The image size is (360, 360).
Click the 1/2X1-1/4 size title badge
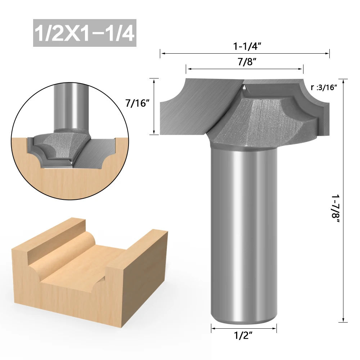pyautogui.click(x=85, y=33)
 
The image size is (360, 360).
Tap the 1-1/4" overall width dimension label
pyautogui.click(x=247, y=46)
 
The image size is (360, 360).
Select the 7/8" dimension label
pyautogui.click(x=247, y=62)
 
